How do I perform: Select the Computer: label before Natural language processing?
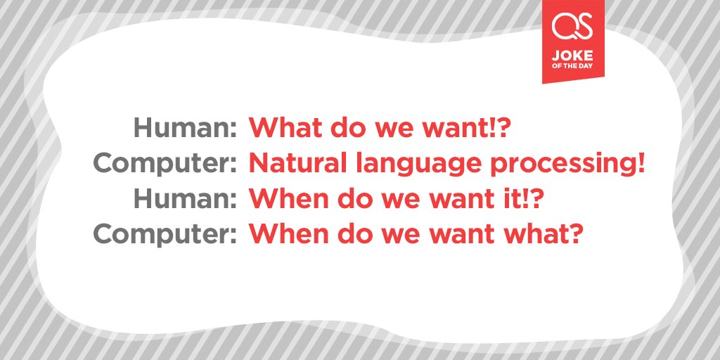[165, 164]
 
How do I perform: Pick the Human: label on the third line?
[185, 199]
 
